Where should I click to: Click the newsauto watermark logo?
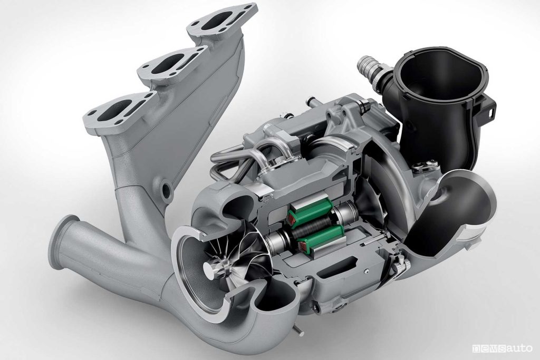[x=502, y=348]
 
